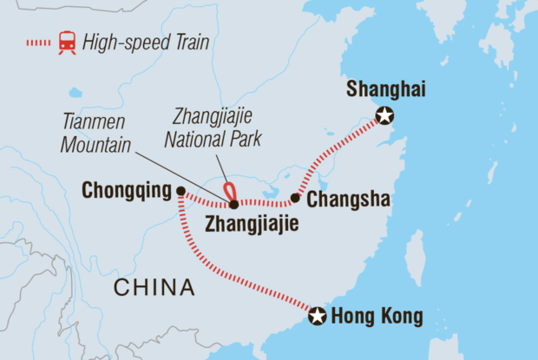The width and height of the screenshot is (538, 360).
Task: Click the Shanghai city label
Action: (x=381, y=89)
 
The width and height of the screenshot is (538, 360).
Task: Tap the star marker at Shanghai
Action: (x=384, y=116)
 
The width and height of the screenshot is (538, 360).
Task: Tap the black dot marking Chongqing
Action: (x=180, y=192)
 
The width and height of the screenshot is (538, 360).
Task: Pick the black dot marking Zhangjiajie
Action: (x=233, y=205)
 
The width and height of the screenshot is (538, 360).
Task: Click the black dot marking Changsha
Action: (x=295, y=199)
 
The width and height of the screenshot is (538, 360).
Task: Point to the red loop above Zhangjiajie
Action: (x=229, y=191)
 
